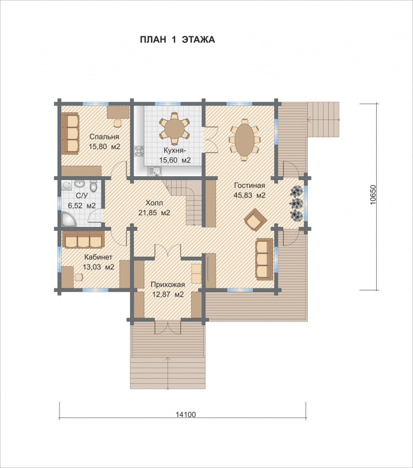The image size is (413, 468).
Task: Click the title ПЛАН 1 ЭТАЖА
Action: pos(177,40)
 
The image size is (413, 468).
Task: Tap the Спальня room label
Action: pos(104,137)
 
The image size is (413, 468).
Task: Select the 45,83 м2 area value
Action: pos(250,195)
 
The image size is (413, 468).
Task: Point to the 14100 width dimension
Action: pos(186,414)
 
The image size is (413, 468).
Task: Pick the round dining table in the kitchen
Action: pos(174,127)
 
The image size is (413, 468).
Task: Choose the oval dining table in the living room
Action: pos(244,139)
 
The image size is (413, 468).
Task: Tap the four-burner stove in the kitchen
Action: pos(139,151)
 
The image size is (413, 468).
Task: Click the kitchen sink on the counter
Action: pos(155,171)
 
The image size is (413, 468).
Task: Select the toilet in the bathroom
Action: pos(94,186)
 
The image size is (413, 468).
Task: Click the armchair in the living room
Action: pos(256,219)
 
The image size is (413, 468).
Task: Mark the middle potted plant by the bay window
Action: pos(297,203)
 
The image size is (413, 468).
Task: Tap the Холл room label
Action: pos(154,203)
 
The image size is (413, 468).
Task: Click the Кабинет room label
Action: pos(98,257)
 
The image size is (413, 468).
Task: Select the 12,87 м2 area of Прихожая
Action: pos(168,295)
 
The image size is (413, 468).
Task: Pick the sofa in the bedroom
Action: pos(70,133)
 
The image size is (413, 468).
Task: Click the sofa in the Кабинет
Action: pos(83,240)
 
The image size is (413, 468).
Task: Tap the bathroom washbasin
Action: pos(80,183)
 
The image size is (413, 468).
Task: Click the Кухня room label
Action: pos(175,150)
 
